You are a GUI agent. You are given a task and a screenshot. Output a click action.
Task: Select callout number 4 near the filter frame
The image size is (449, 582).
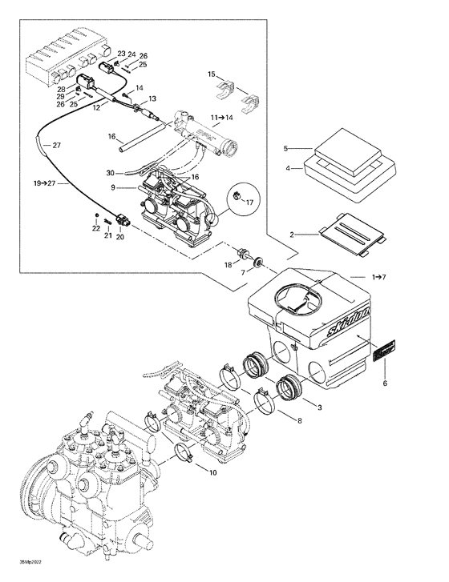pyautogui.click(x=287, y=169)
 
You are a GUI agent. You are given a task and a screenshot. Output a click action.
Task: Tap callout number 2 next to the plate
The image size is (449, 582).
pyautogui.click(x=292, y=235)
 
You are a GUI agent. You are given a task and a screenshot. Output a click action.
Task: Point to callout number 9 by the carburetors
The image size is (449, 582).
pyautogui.click(x=114, y=188)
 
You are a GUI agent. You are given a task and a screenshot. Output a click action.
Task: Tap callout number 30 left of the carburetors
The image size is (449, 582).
pyautogui.click(x=110, y=172)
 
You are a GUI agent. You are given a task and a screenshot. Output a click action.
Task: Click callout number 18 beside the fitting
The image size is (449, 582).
pyautogui.click(x=228, y=263)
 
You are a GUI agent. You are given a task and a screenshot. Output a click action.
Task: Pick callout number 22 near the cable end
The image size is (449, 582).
pyautogui.click(x=95, y=229)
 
